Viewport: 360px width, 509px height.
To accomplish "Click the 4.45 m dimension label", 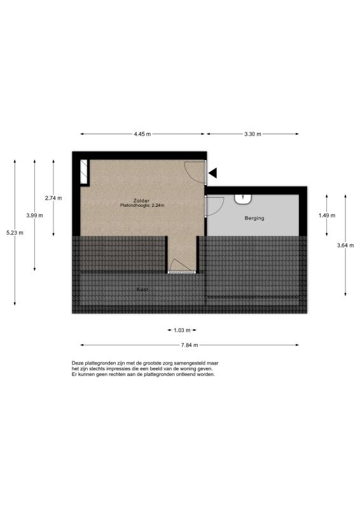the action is tap(142, 134).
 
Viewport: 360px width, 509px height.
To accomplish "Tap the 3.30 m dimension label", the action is tap(253, 134).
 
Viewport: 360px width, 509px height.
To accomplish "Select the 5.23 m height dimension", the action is tap(15, 233).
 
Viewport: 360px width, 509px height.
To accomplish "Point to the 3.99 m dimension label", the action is tap(34, 215).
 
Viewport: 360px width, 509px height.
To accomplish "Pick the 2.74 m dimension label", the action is tap(53, 198).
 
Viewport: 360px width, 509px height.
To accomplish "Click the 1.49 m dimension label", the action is tap(327, 216).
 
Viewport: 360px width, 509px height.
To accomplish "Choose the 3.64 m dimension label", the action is tap(345, 246).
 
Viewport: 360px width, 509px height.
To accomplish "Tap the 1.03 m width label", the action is tap(182, 330).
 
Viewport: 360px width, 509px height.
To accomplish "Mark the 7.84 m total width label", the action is tap(190, 345).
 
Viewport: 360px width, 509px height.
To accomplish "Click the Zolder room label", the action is tap(142, 200).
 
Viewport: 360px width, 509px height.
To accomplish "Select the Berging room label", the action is tap(254, 218).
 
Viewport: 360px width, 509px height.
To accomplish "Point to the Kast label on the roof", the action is tap(142, 289).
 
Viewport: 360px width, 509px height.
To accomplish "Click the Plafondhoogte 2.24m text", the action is tap(142, 206).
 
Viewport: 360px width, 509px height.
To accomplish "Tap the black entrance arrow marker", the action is tap(212, 173).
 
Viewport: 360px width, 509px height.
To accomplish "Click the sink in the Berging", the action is tap(243, 199).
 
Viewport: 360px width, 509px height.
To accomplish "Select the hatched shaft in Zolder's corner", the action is tap(84, 172).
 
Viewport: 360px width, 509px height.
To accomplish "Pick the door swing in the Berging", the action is tap(216, 206).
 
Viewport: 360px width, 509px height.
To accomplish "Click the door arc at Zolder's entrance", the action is tap(195, 172).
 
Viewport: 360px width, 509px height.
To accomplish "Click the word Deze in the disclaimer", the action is tap(78, 363).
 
